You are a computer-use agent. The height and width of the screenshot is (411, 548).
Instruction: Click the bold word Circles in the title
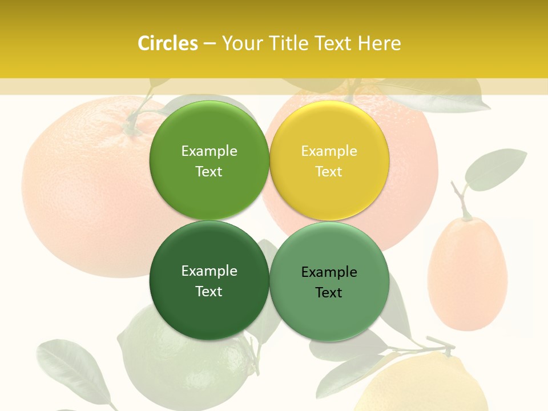tap(167, 43)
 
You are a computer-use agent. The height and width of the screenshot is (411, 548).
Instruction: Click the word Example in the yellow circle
tap(329, 151)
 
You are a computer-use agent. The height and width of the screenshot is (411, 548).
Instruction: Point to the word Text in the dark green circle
tap(209, 291)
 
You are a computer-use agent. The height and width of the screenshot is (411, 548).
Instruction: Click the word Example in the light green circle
tap(209, 151)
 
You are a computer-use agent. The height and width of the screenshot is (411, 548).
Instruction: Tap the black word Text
tap(329, 292)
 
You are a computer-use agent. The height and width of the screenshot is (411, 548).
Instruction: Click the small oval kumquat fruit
tap(467, 274)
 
